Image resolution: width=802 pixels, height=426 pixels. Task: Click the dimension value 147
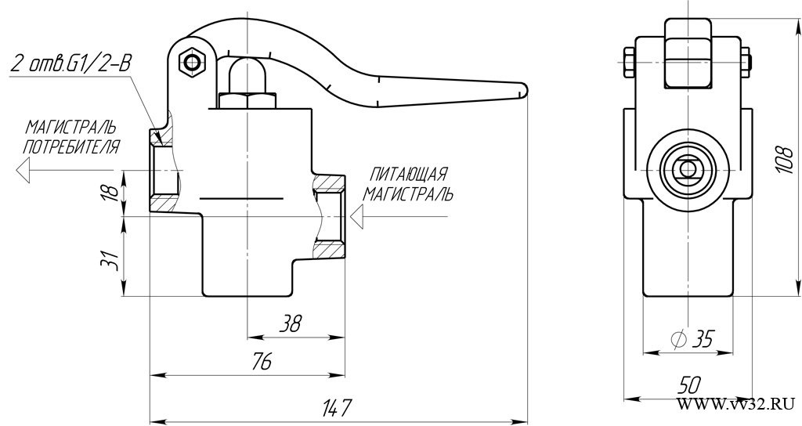tap(338, 408)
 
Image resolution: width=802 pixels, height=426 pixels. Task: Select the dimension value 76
tap(262, 361)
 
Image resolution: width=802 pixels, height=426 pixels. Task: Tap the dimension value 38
tap(291, 323)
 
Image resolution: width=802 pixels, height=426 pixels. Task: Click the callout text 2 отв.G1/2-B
tap(70, 64)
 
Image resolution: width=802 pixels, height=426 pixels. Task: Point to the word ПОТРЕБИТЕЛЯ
tap(71, 146)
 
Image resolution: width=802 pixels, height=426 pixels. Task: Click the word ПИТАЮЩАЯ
tap(409, 174)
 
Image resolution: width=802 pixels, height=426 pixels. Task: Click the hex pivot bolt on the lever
tap(192, 63)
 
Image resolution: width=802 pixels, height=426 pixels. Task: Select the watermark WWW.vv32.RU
tap(736, 404)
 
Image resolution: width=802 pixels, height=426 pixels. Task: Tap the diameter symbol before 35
tap(678, 338)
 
